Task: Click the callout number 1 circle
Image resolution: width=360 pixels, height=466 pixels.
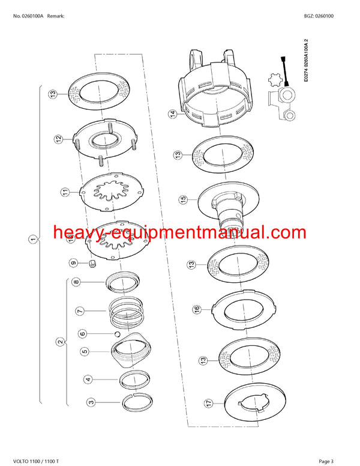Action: pyautogui.click(x=32, y=240)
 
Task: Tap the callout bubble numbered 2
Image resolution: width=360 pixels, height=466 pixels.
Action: pyautogui.click(x=59, y=343)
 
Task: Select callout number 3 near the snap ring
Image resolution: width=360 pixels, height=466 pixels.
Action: pyautogui.click(x=89, y=402)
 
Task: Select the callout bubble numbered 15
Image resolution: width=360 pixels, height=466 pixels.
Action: pyautogui.click(x=184, y=198)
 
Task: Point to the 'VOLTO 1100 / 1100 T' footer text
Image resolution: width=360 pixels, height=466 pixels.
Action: pyautogui.click(x=36, y=461)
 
